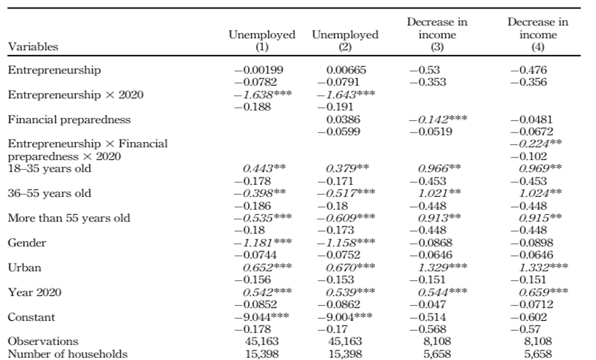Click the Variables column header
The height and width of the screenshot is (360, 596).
[33, 47]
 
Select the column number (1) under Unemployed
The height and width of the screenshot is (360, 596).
[262, 47]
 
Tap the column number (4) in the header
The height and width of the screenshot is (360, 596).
[538, 47]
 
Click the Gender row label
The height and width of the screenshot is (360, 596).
[26, 243]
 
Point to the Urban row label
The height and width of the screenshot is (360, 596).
[24, 268]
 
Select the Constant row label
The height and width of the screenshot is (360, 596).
[32, 317]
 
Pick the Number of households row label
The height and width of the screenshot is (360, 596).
[68, 354]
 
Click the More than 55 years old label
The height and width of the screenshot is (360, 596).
[69, 218]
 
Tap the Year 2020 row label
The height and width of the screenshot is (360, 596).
[35, 292]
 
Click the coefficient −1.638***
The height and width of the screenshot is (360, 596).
[262, 95]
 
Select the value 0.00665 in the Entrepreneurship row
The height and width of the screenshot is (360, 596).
[346, 70]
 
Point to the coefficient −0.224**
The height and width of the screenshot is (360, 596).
[536, 144]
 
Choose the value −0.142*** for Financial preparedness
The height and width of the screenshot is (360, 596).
[438, 119]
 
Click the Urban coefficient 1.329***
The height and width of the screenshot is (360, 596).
[443, 268]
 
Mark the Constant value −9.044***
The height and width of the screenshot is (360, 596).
[262, 317]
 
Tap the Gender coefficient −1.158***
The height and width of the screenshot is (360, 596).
[346, 243]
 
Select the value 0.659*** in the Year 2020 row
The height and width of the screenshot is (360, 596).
[543, 292]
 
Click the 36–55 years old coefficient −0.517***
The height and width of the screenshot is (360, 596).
[346, 193]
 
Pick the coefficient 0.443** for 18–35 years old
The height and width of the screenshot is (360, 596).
[264, 169]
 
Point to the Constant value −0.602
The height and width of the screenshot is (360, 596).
[528, 317]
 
